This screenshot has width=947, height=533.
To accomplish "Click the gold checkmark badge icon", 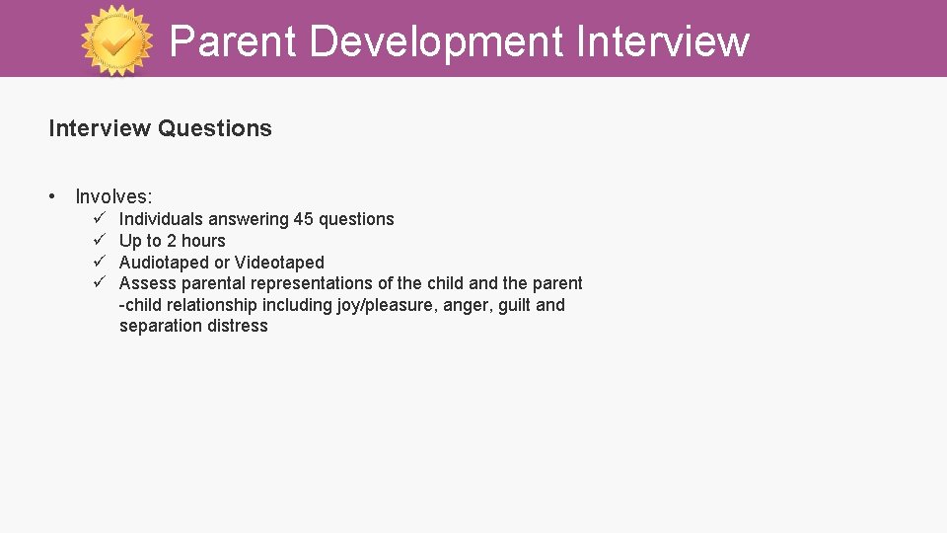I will [x=117, y=40].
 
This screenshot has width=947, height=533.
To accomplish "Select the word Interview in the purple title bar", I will [x=662, y=41].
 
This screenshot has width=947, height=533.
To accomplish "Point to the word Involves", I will [x=113, y=197].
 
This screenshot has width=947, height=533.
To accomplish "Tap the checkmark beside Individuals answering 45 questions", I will [x=100, y=218].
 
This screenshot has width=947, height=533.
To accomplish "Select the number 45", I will [x=304, y=219].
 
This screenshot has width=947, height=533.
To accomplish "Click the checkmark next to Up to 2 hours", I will [x=100, y=240].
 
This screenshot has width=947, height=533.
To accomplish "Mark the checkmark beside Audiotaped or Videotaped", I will [x=100, y=262].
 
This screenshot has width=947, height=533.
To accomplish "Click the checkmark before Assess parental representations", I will [x=100, y=282].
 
